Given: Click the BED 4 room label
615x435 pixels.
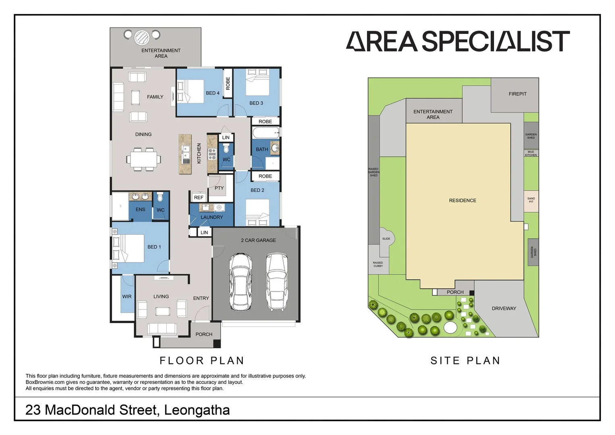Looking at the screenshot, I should tap(213, 93).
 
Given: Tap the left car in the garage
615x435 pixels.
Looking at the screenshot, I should tap(240, 282).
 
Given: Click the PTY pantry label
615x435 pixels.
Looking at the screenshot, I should tap(219, 188).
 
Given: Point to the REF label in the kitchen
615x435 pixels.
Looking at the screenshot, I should tap(199, 197).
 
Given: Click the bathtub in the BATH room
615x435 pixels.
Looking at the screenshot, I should tap(265, 133).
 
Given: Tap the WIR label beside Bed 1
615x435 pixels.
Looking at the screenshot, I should tap(127, 296).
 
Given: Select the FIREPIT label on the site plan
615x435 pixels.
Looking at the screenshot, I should tap(517, 94).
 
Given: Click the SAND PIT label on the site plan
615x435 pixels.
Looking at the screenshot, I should tap(531, 200).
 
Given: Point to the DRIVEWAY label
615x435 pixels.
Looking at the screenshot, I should tap(503, 309).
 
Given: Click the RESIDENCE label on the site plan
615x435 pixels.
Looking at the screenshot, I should tap(462, 201).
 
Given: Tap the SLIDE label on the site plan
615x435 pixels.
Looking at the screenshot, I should tap(386, 239).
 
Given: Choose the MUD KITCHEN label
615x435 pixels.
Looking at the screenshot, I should tap(531, 153).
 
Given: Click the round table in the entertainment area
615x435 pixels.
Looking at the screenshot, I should tap(142, 37).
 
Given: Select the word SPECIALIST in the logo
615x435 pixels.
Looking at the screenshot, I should tap(495, 41).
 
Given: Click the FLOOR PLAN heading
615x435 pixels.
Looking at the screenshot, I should tap(202, 360).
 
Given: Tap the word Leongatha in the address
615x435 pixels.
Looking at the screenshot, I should tap(197, 410).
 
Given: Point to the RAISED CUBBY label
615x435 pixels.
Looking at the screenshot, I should tap(378, 264).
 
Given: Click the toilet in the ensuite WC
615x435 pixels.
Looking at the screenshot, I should tap(160, 197).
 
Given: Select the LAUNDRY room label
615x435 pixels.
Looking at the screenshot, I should tap(211, 217).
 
